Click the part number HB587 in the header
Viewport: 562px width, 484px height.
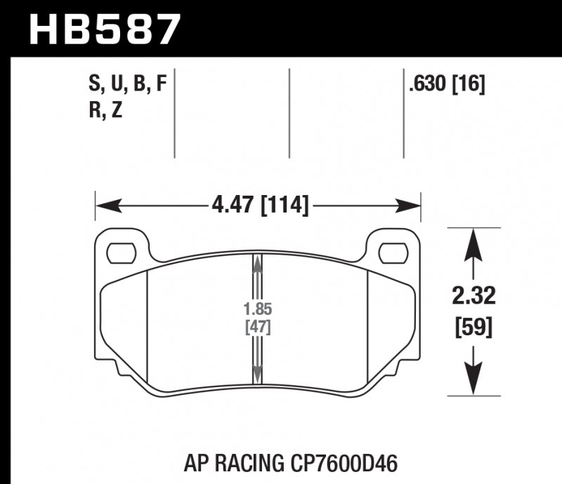pos(105,29)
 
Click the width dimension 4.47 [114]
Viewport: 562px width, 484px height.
pos(259,206)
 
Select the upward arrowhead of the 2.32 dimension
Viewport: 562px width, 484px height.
pos(474,243)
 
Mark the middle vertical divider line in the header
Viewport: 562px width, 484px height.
pos(289,112)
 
